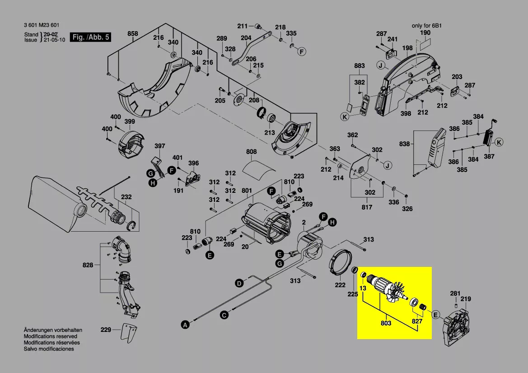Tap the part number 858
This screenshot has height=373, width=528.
tap(132, 34)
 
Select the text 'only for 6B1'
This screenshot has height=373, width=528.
tap(426, 26)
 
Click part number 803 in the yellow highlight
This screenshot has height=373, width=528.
tap(385, 323)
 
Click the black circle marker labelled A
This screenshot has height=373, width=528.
tap(184, 324)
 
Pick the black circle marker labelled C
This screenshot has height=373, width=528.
tap(224, 315)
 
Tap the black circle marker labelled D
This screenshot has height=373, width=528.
tap(238, 283)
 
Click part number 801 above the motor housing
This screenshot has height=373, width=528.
tap(247, 191)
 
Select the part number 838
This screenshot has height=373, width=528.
tap(405, 144)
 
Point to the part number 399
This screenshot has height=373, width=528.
tap(129, 121)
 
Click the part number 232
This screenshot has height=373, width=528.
tap(126, 197)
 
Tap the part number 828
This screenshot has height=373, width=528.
tap(88, 265)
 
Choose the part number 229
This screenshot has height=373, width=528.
tap(106, 330)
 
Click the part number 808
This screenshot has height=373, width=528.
tap(252, 152)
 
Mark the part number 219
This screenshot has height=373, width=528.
tap(466, 299)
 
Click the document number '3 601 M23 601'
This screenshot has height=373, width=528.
tap(42, 25)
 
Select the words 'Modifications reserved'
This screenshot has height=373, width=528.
tap(50, 336)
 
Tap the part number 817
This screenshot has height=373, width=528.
tap(367, 207)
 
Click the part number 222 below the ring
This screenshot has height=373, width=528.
tap(340, 285)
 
